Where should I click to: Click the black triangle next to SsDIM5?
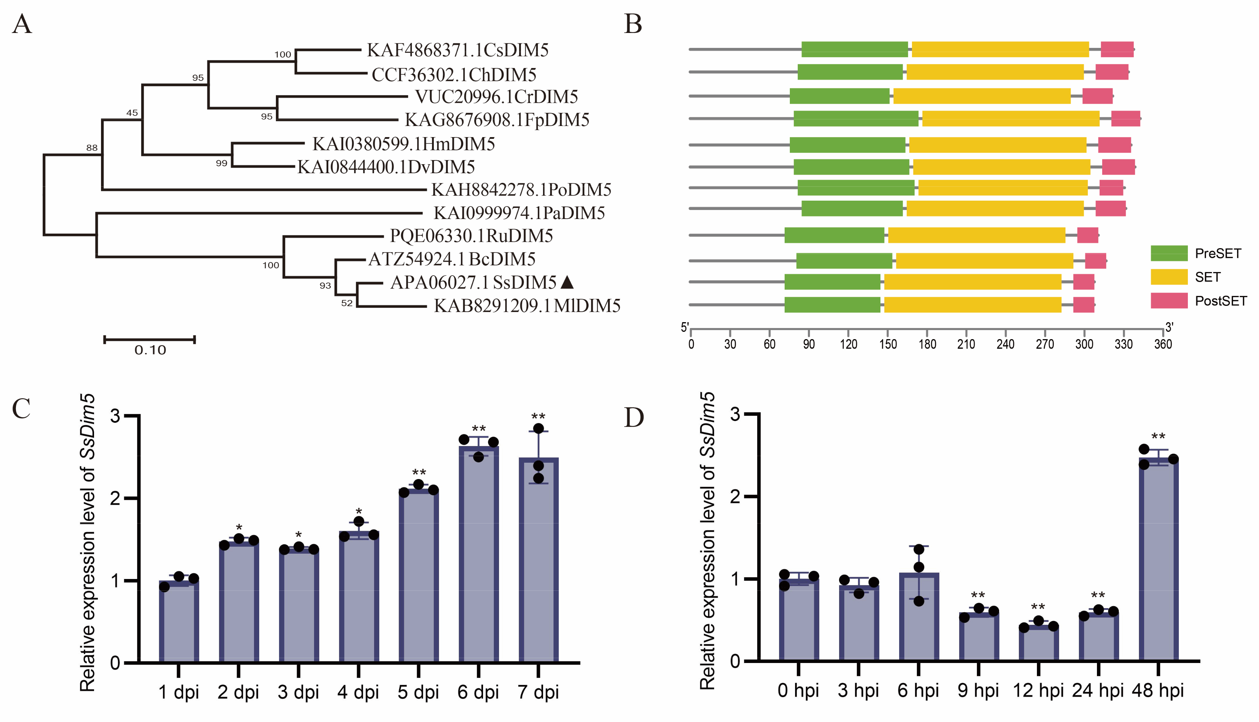coord(567,282)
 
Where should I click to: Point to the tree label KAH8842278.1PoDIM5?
coord(521,190)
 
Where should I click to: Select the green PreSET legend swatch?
coord(1169,253)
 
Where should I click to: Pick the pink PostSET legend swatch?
coord(1169,301)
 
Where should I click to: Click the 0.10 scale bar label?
coord(150,350)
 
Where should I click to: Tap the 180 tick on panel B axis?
coord(927,344)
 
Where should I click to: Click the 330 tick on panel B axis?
coord(1123,344)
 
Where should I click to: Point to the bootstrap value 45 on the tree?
coord(132,112)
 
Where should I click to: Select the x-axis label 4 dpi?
coord(358,692)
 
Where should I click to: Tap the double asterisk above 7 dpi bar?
coord(538,417)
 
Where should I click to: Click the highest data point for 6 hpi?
coord(919,549)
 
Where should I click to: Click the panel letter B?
coord(633,24)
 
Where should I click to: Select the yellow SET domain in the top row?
coord(1000,50)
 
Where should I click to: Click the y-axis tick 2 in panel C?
coord(115,498)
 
